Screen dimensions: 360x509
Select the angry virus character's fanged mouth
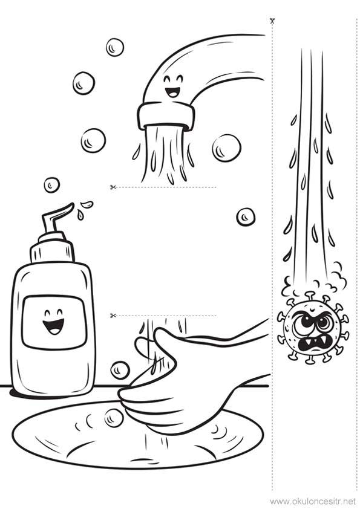(x=310, y=345)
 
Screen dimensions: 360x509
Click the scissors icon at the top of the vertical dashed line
(x=272, y=21)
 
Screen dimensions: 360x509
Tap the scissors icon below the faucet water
(x=113, y=187)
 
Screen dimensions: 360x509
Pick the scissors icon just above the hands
(x=113, y=315)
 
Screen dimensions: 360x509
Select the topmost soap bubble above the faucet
(x=115, y=47)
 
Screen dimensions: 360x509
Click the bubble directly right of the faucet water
(x=226, y=148)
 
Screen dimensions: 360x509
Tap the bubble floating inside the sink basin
(x=114, y=417)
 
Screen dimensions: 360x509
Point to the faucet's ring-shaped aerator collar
(x=166, y=116)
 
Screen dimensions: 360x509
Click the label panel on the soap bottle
(x=54, y=322)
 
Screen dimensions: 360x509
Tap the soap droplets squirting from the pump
(x=83, y=209)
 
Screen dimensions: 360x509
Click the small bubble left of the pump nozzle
(x=52, y=185)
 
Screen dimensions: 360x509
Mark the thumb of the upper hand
(x=146, y=349)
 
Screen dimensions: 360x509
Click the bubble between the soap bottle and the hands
(x=120, y=370)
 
